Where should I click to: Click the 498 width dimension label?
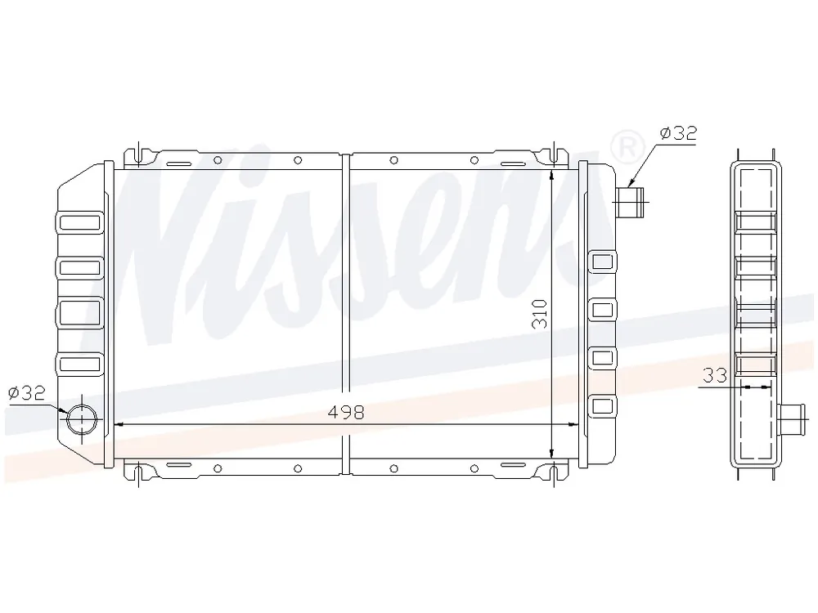click(x=346, y=412)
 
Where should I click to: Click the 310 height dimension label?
click(x=540, y=313)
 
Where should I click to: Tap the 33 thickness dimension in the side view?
click(x=715, y=375)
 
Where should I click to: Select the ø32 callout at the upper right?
click(x=678, y=133)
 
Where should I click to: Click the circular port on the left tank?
click(x=82, y=419)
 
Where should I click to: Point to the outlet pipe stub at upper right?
click(x=629, y=202)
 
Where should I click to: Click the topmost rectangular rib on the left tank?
click(x=80, y=222)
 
